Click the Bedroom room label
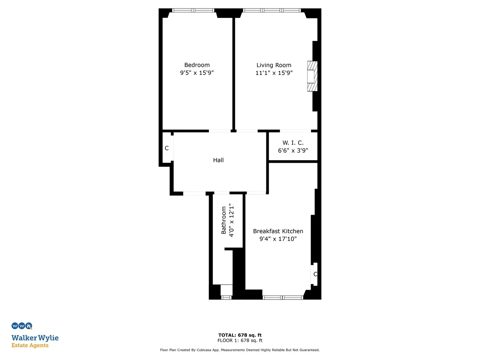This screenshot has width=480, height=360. [197, 65]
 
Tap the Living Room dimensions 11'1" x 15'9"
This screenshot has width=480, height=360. [274, 73]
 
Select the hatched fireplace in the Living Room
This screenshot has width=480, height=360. [312, 76]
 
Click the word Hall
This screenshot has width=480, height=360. [218, 160]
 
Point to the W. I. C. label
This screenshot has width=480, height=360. [293, 143]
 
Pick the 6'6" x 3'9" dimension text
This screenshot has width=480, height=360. [293, 150]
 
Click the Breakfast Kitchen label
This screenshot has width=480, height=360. [278, 231]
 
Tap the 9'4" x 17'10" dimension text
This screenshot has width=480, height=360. [278, 239]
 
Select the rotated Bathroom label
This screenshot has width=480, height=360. [224, 220]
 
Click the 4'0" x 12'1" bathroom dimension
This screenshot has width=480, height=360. [231, 220]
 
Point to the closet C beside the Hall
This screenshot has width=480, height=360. [167, 148]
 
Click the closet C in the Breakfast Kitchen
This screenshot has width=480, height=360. [315, 274]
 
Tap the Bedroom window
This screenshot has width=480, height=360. [193, 10]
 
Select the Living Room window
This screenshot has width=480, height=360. [272, 10]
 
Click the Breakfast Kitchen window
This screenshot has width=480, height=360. [283, 297]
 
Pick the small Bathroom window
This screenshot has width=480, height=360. [226, 297]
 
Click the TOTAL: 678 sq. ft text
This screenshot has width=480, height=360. [240, 335]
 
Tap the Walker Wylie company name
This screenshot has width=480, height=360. [35, 338]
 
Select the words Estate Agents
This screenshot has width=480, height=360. [30, 345]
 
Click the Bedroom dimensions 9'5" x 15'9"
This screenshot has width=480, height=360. [197, 73]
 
